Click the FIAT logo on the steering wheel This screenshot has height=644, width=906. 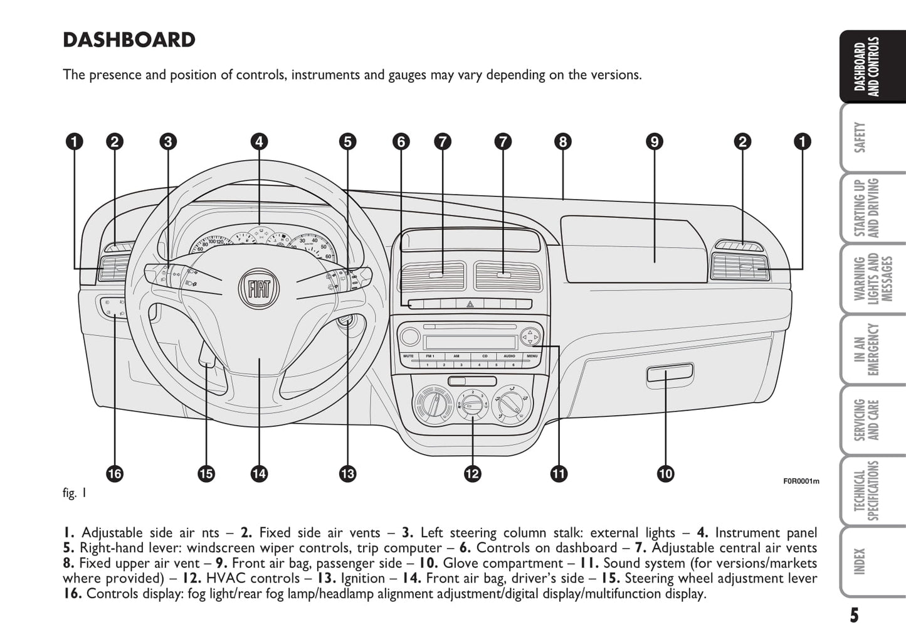point(259,289)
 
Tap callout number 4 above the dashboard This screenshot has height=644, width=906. point(259,142)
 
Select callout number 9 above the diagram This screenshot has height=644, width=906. point(654,142)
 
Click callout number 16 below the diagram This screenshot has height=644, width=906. point(114,473)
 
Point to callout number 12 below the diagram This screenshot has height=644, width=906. point(473,473)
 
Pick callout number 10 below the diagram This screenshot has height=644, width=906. point(665,473)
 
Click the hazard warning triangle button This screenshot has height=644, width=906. point(470,304)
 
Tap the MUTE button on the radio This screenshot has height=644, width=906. point(409,356)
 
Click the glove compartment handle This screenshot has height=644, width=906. point(670,374)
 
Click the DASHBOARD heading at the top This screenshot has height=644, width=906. point(129,40)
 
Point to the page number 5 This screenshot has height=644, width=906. point(854,615)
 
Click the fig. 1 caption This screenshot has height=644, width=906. point(75,493)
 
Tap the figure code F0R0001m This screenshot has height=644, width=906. point(801,481)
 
